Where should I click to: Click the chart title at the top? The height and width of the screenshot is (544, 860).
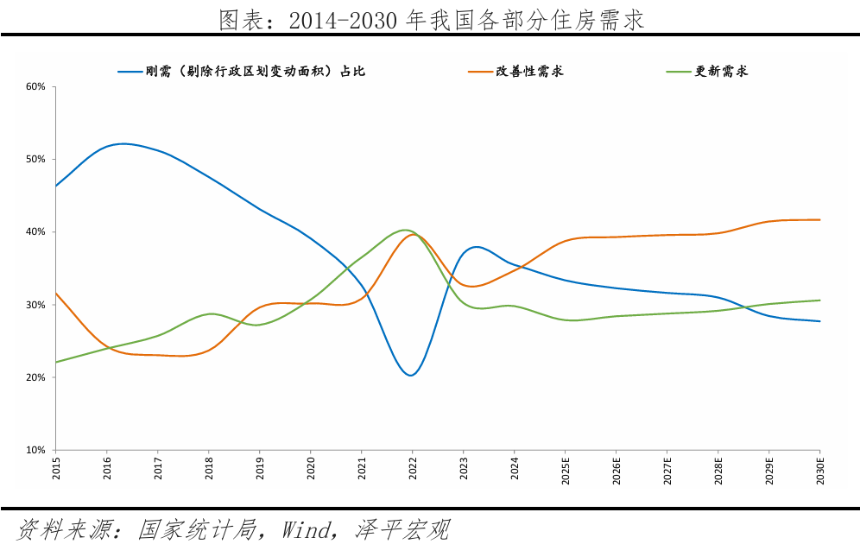(x=431, y=19)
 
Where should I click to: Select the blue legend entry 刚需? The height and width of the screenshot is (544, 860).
(x=241, y=72)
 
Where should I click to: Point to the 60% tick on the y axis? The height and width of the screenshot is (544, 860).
(x=35, y=86)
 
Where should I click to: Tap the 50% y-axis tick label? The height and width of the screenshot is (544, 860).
(x=35, y=160)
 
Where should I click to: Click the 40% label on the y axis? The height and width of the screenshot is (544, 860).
(x=35, y=232)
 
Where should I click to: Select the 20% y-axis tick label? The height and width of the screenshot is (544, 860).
(x=35, y=377)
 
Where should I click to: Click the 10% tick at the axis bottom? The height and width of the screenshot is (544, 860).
(x=35, y=450)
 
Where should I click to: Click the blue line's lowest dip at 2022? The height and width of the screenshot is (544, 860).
(x=410, y=375)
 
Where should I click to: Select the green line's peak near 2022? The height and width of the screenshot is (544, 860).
(x=404, y=230)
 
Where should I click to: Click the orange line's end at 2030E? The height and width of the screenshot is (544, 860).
(x=819, y=220)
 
